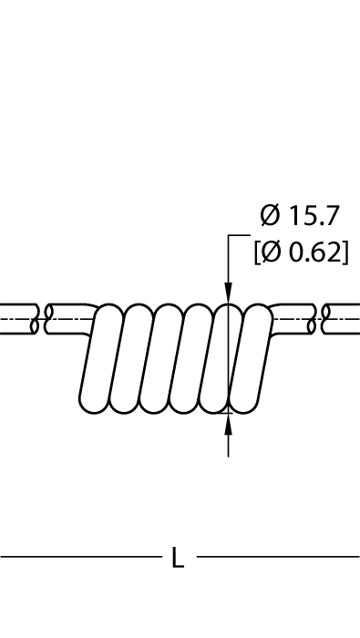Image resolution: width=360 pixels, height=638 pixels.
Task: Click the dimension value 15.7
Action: tap(314, 216)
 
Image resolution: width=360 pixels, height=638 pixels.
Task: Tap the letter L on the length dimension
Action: tap(178, 557)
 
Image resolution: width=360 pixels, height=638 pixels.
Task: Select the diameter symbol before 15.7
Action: tap(270, 216)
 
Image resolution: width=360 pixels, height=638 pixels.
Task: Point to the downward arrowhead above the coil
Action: tap(228, 293)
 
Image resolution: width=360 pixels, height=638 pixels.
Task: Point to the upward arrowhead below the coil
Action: tap(228, 424)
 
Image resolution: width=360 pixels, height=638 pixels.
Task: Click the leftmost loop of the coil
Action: tap(101, 358)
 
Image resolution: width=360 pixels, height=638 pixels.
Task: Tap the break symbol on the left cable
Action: tap(42, 319)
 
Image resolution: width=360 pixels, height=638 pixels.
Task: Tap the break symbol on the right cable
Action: tap(319, 319)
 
